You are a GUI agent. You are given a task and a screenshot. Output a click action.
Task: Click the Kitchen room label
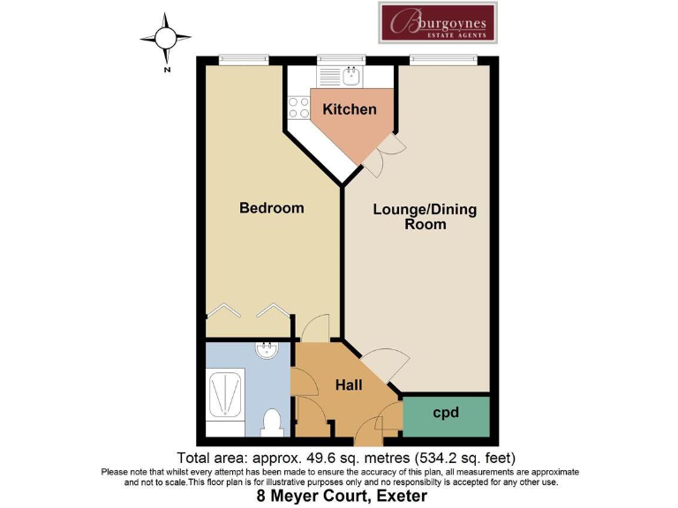click(x=349, y=109)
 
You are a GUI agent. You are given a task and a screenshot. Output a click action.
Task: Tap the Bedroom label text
click(x=271, y=208)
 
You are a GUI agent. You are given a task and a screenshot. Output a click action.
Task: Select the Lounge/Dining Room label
click(x=425, y=217)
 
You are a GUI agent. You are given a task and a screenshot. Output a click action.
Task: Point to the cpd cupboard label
click(x=446, y=412)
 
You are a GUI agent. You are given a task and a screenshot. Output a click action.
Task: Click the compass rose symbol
click(x=166, y=38)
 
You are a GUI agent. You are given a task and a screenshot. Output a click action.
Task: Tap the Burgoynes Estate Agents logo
click(x=438, y=22)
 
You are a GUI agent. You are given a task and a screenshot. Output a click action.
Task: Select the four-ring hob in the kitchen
click(x=298, y=107)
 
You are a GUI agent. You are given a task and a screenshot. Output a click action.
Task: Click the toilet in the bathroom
click(x=272, y=422)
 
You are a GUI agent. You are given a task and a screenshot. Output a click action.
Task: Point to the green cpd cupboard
click(x=446, y=416)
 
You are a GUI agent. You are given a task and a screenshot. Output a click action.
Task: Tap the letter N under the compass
click(x=166, y=67)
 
